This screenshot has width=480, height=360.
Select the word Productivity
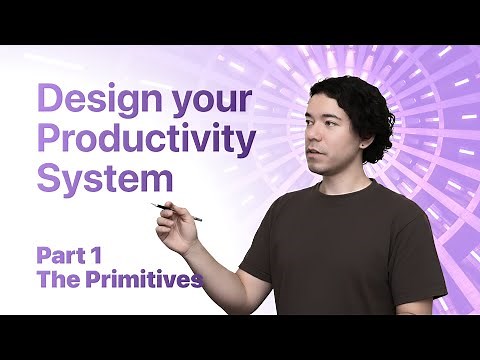point(146,141)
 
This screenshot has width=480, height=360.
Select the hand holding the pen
point(178,230)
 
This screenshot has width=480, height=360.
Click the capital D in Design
point(50,101)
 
